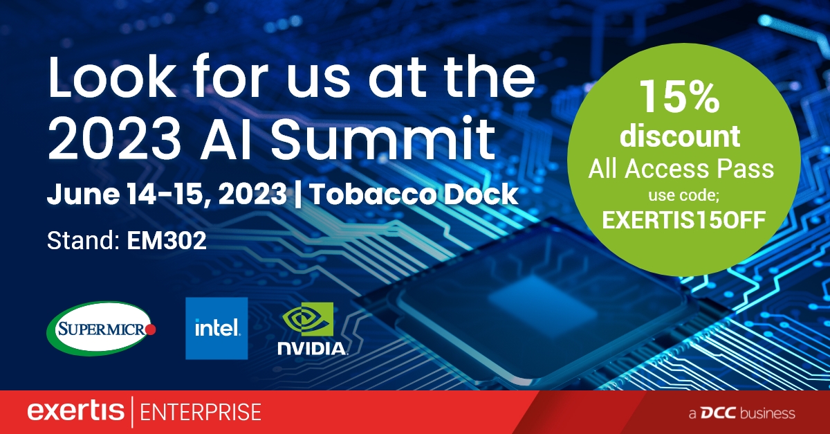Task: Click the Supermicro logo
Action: [x=101, y=328]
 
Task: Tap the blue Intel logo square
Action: [x=216, y=328]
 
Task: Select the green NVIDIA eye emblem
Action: [x=308, y=319]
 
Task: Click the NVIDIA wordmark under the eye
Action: [x=313, y=349]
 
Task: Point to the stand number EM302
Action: [x=167, y=240]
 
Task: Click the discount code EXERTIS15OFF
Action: [x=683, y=220]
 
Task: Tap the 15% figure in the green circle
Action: [x=679, y=97]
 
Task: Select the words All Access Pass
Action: [x=681, y=169]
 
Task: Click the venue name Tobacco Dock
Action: [x=414, y=194]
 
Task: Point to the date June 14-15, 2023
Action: [x=167, y=194]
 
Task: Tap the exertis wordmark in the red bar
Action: [x=75, y=410]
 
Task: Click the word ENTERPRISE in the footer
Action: [x=201, y=413]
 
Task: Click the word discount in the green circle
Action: [x=680, y=136]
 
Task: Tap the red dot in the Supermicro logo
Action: [x=151, y=329]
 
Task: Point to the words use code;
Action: [x=683, y=195]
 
